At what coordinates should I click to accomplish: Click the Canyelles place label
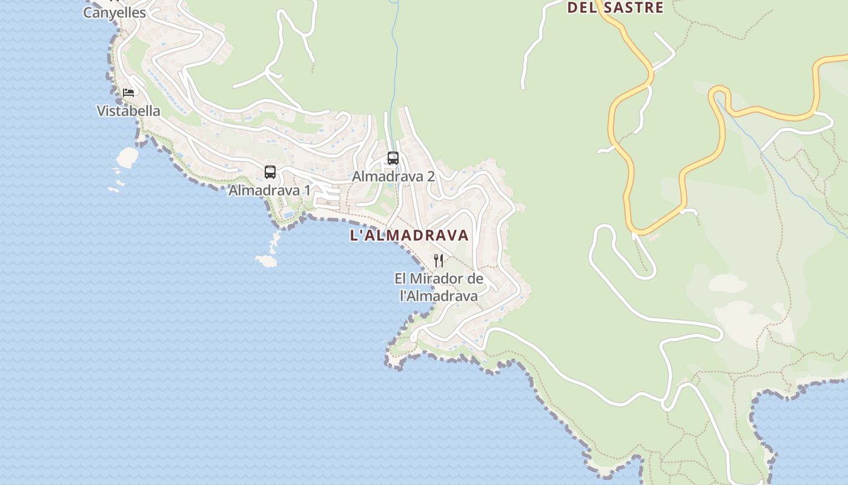(114, 13)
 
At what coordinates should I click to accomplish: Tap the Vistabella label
(128, 111)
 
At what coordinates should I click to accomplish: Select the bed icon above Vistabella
(128, 92)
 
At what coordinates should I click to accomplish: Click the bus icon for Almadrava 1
(270, 172)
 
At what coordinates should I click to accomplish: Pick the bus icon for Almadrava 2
(393, 158)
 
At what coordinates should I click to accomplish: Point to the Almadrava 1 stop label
(270, 190)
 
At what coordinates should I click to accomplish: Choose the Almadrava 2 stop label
(394, 177)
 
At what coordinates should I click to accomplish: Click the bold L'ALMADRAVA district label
(409, 236)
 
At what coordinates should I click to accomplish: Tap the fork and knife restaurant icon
(439, 261)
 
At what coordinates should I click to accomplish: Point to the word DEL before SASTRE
(580, 8)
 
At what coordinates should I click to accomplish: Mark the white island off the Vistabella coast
(127, 157)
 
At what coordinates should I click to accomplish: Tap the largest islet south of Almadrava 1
(266, 261)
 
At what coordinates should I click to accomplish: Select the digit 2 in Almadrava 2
(431, 177)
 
